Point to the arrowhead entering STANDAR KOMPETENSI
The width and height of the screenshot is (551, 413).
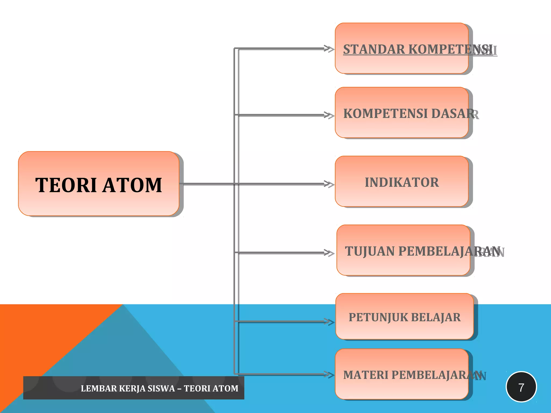click(x=329, y=49)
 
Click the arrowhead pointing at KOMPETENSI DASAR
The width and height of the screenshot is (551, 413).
click(x=329, y=115)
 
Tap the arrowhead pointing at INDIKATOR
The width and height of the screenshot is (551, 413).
click(x=329, y=184)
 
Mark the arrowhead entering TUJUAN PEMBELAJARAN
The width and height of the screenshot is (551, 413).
click(x=329, y=253)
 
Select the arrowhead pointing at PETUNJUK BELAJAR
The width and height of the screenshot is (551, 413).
click(x=329, y=321)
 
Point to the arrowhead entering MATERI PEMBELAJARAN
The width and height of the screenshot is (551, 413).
click(x=329, y=374)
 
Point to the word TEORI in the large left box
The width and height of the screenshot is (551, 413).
click(x=66, y=185)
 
